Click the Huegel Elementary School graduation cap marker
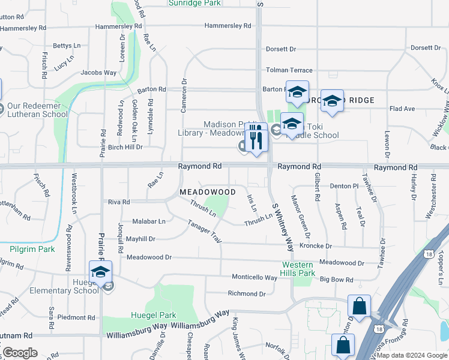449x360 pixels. point(101,271)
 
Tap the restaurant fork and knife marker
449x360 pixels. point(257,140)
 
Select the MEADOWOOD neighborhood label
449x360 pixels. point(208,191)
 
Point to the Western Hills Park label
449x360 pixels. point(298,269)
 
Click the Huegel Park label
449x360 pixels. point(154,315)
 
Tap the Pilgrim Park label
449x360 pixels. point(32,249)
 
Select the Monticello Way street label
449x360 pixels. point(255,278)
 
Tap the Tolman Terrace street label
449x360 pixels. point(289,70)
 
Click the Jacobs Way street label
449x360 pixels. point(98,73)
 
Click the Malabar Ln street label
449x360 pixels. point(149,221)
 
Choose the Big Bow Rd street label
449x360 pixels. point(336,280)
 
